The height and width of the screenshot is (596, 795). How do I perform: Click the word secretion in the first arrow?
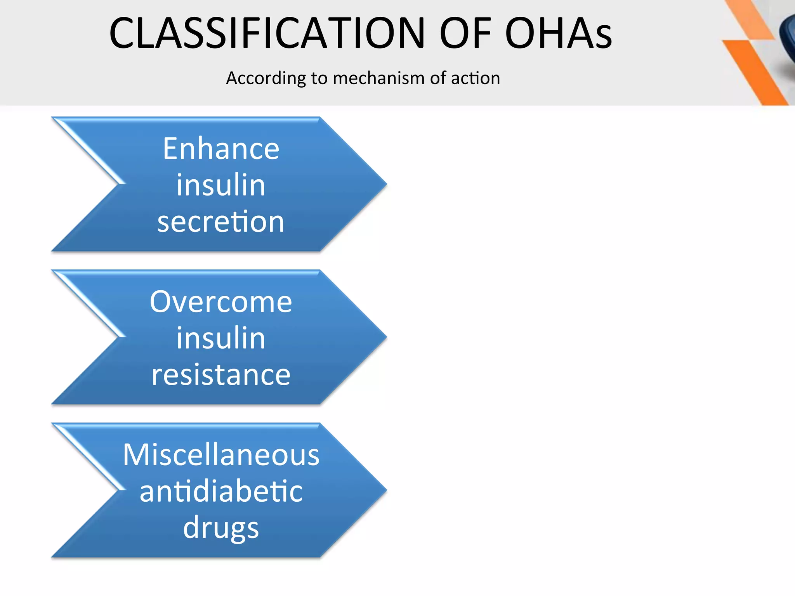tap(221, 222)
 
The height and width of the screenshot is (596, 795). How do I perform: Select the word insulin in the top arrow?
tap(221, 185)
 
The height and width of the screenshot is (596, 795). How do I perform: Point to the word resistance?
tap(221, 375)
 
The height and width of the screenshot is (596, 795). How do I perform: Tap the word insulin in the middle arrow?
tap(221, 338)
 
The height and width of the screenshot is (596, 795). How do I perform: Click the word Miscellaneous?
tap(221, 455)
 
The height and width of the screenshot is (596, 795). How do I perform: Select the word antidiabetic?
tap(221, 491)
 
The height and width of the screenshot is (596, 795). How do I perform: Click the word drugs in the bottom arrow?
tap(221, 528)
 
